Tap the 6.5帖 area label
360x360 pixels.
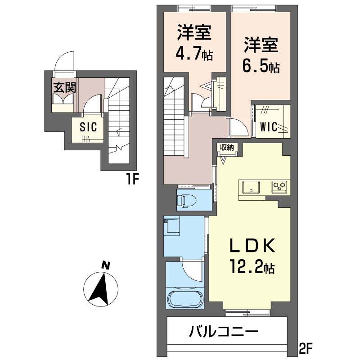261,66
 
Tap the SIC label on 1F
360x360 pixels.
88,127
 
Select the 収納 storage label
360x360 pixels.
227,147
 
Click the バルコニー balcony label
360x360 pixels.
223,333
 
